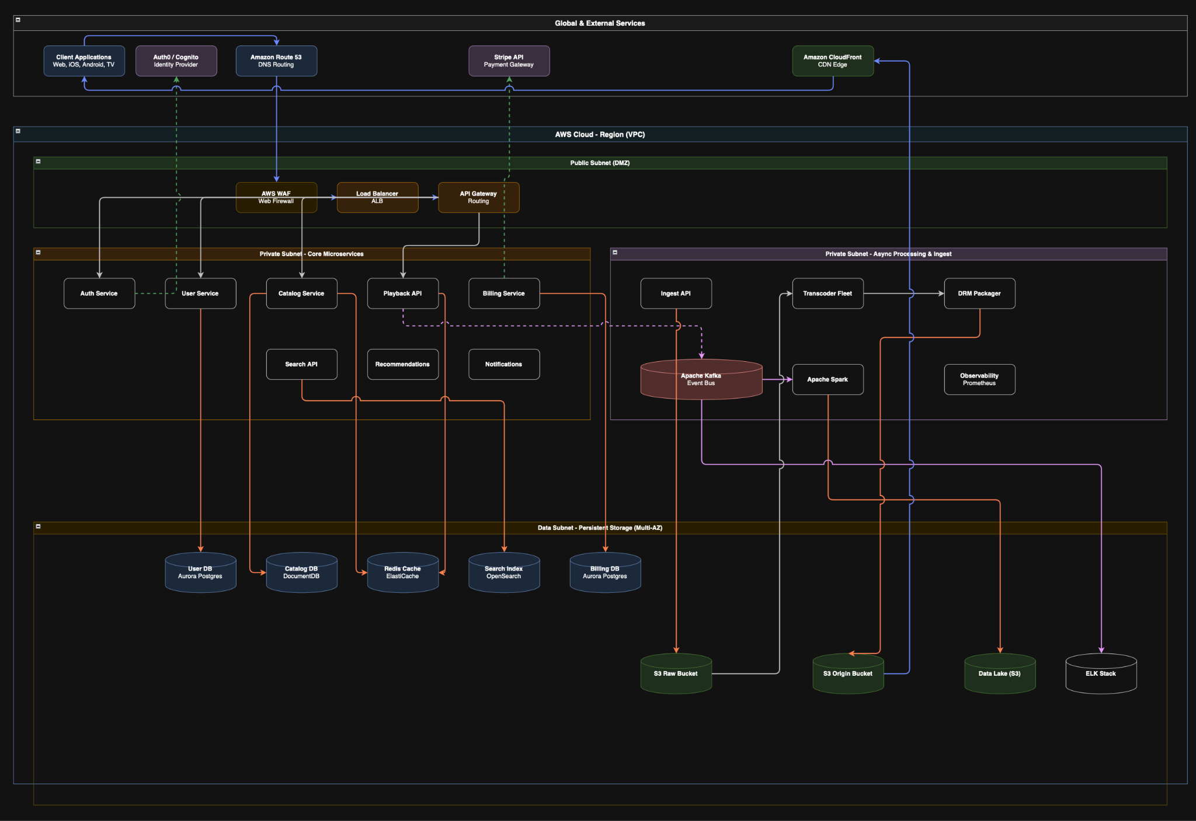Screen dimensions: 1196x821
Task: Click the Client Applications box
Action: tap(84, 61)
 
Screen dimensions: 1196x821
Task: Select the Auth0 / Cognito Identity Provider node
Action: tap(176, 61)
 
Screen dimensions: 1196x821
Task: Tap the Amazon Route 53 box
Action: tap(276, 61)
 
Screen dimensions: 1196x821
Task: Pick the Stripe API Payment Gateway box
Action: tap(509, 61)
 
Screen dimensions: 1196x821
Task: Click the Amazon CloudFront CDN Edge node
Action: tap(833, 61)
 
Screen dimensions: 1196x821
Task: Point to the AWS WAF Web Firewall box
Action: tap(276, 197)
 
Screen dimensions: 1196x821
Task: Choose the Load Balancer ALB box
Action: tap(377, 197)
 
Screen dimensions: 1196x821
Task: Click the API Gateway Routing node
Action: tap(479, 197)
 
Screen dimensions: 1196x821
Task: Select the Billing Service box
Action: tap(504, 294)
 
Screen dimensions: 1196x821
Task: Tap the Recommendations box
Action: tap(403, 364)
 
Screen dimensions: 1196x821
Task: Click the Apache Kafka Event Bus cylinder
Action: tap(701, 379)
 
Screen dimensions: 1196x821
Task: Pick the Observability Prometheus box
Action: tap(979, 379)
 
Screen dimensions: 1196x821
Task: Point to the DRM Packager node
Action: tap(979, 294)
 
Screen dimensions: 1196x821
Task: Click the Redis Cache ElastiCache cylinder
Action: tap(403, 572)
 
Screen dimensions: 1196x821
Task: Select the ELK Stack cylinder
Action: tap(1101, 673)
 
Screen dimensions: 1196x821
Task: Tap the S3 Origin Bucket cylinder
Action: tap(848, 673)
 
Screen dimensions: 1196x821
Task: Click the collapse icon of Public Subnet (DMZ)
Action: tap(39, 161)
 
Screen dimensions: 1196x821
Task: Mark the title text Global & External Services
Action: tap(600, 23)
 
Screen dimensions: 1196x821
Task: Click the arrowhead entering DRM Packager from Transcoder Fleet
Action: tap(941, 294)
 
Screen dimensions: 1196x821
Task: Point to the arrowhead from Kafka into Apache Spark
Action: tap(790, 379)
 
